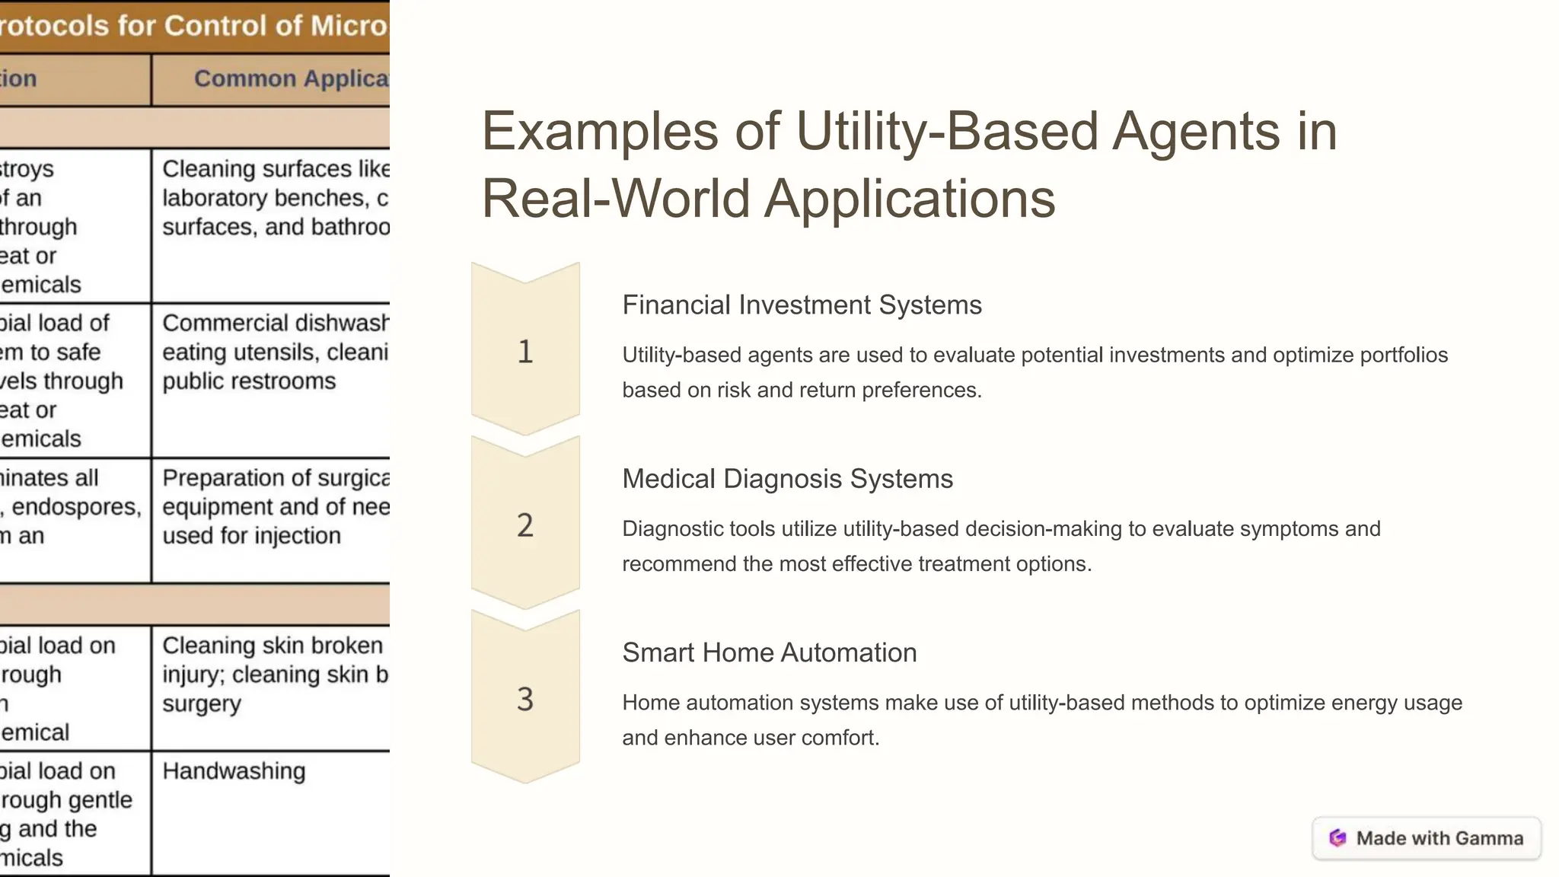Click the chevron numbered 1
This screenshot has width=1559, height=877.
[x=525, y=351]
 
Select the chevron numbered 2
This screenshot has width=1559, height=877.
[x=525, y=525]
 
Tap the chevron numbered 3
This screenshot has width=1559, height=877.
[x=525, y=698]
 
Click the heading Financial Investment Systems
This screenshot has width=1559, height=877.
[x=802, y=305]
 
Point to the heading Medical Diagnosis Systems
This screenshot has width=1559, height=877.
[x=787, y=479]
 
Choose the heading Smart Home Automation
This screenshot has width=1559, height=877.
[x=769, y=652]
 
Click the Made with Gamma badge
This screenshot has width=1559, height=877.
[x=1427, y=838]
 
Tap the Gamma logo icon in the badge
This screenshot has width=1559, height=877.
[x=1337, y=838]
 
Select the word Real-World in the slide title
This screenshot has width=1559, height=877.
[x=617, y=198]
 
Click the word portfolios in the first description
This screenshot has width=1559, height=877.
[x=1404, y=355]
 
